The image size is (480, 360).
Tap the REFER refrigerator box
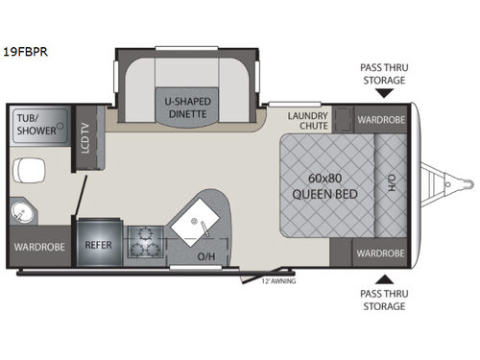[98, 245]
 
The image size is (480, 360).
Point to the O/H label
[205, 257]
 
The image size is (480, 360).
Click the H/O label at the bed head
[392, 183]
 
